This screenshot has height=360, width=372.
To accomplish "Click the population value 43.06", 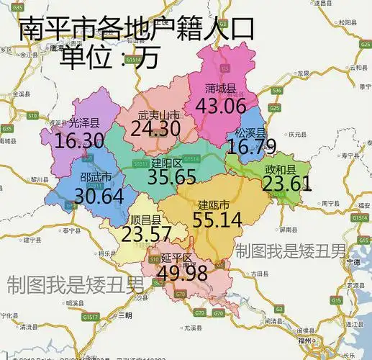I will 216,106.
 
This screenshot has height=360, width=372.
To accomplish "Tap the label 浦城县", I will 220,89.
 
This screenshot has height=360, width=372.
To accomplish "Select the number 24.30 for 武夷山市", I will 155,129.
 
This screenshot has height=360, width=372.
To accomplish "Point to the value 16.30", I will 79,140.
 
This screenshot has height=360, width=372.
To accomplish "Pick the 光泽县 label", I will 85,123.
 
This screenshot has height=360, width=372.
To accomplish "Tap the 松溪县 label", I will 250,133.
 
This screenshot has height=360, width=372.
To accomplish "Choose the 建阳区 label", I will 166,163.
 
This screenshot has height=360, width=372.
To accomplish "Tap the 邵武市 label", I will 96,178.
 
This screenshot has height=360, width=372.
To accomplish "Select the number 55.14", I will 217,220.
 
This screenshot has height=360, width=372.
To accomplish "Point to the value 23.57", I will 146,235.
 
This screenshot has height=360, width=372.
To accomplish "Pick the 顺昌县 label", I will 145,220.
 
